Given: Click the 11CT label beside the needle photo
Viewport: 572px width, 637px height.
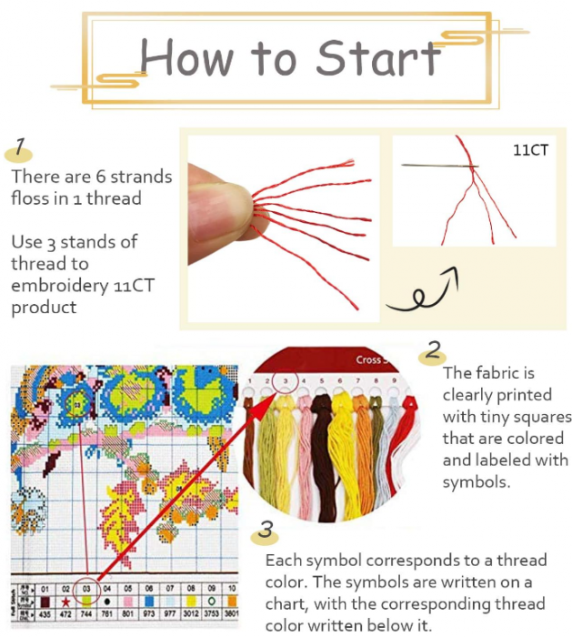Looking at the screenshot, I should [530, 150].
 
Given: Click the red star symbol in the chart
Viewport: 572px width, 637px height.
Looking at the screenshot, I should [65, 602].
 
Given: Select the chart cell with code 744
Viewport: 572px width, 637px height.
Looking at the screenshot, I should [86, 614].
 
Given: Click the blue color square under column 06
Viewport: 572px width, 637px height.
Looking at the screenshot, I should [148, 602].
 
